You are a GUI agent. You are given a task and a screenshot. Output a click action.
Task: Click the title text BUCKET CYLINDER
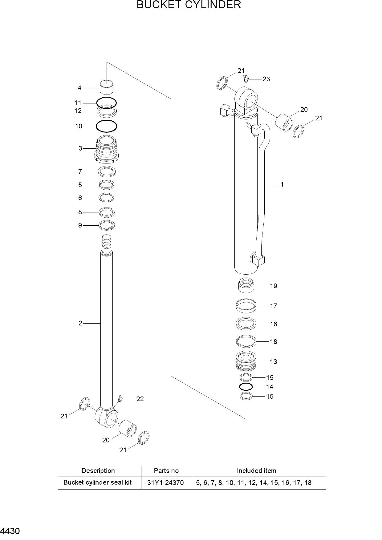pyautogui.click(x=189, y=5)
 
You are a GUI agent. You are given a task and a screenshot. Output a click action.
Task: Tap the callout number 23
pyautogui.click(x=266, y=79)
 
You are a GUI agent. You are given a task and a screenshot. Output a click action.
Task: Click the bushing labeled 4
pyautogui.click(x=107, y=87)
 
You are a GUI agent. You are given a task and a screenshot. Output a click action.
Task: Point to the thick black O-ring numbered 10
pyautogui.click(x=107, y=126)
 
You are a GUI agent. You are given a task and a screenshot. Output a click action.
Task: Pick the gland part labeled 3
pyautogui.click(x=107, y=149)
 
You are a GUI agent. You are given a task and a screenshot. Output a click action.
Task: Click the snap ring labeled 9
pyautogui.click(x=107, y=225)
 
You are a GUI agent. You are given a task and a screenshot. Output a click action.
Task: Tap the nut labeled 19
pyautogui.click(x=246, y=285)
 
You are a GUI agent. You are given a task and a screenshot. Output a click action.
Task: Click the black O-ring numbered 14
pyautogui.click(x=246, y=387)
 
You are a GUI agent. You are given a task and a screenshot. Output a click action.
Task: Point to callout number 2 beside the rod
pyautogui.click(x=80, y=323)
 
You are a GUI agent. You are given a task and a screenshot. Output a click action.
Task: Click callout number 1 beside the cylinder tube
pyautogui.click(x=282, y=184)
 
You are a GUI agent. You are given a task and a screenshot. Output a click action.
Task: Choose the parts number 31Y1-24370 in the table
pyautogui.click(x=165, y=483)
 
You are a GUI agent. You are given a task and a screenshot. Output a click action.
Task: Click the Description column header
pyautogui.click(x=98, y=471)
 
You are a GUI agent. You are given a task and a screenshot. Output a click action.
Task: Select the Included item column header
pyautogui.click(x=257, y=471)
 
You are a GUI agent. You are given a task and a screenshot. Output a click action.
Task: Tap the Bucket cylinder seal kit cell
pyautogui.click(x=97, y=482)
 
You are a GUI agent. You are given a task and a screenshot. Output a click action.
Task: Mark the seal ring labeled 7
pyautogui.click(x=107, y=171)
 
